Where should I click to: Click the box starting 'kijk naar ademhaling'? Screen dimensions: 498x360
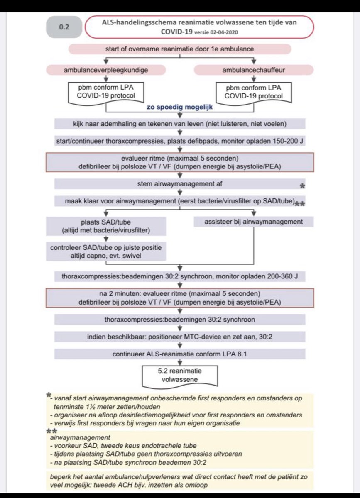coord(179,124)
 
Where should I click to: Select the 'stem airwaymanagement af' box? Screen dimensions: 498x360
coord(179,183)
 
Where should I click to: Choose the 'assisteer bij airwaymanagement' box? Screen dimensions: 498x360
coord(253,222)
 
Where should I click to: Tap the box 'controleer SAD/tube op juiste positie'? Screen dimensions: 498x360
coord(106,251)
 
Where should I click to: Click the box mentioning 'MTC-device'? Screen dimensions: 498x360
coord(179,337)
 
